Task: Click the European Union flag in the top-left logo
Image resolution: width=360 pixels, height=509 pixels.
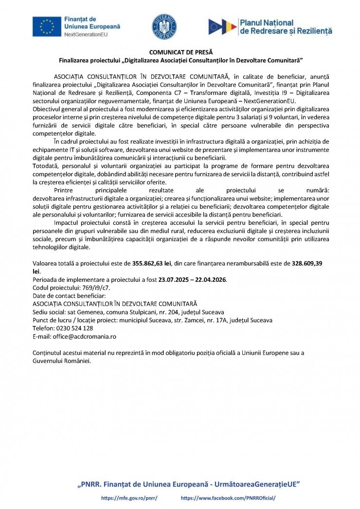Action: pos(47,27)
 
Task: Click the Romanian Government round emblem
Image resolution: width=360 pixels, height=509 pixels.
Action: pos(164,27)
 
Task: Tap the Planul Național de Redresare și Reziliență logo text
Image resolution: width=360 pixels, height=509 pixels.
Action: pos(286,27)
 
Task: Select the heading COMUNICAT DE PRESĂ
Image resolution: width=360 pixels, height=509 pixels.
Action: pos(180,52)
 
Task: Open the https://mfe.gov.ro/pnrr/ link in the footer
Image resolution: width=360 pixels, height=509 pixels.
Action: pos(129,498)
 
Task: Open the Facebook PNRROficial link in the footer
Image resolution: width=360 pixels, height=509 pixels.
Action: pos(228,498)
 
